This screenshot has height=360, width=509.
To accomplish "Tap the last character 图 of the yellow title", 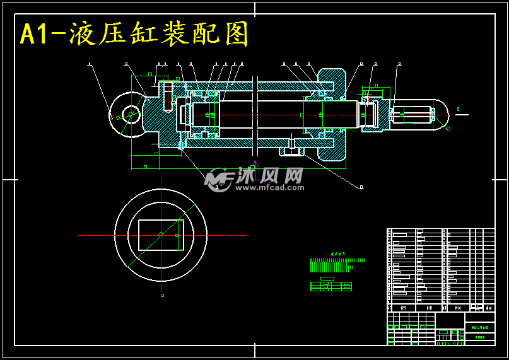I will pos(237,34).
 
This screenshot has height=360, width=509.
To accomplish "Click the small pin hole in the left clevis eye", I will pos(131,115).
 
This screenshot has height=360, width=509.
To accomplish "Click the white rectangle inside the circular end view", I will pos(161,235).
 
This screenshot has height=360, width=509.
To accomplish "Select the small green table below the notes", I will pos(331,286).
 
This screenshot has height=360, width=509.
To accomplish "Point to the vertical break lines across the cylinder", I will pos(255,117).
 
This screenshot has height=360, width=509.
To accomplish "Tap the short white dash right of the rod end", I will pos(462,115).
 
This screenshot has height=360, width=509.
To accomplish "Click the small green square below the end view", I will pos(162,295).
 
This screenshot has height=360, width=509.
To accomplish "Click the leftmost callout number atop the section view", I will pos(89,64).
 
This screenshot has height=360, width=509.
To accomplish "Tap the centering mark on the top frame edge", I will pos(255,9).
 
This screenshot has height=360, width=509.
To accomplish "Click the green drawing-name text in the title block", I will pos(479,327).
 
